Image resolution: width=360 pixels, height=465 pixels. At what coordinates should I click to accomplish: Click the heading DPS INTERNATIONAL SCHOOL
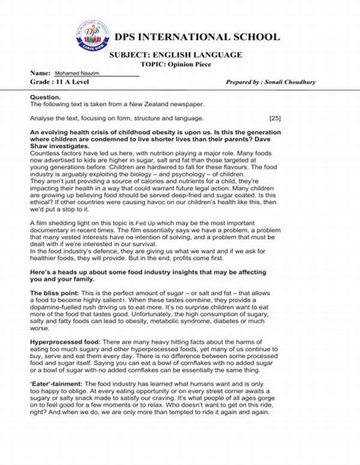click(x=197, y=37)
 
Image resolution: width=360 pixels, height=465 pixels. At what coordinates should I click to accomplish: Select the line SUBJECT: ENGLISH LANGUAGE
click(x=176, y=55)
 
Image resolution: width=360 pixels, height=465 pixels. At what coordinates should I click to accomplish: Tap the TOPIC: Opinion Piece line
click(x=175, y=64)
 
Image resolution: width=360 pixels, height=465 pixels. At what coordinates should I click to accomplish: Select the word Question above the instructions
click(x=44, y=96)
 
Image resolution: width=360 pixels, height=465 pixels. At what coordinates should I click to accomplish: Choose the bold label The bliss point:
click(x=53, y=292)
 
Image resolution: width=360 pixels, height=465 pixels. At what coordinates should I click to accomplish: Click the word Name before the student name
click(x=39, y=72)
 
